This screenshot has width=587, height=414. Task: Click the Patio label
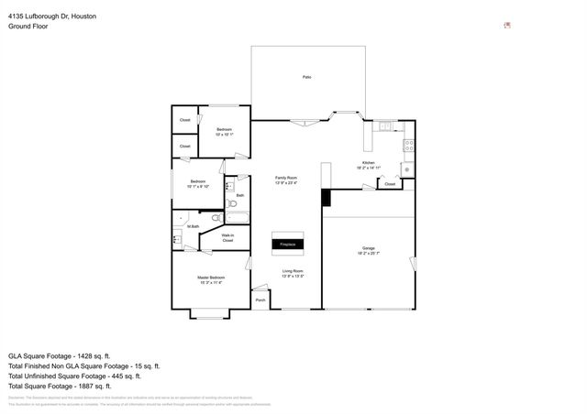coord(306,77)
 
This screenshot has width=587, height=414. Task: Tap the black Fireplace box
coord(287,245)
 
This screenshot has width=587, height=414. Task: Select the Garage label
coord(368,248)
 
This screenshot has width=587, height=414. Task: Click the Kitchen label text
coord(368,164)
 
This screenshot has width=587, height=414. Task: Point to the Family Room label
coord(286,178)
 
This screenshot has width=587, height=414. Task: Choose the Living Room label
coord(293,271)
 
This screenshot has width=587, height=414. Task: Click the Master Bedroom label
coord(211,278)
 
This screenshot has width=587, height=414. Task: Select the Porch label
coord(260,300)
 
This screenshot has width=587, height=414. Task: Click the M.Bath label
coord(194,226)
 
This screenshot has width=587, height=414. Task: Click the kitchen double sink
coord(386,125)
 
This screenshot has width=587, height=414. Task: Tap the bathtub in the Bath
coord(238,217)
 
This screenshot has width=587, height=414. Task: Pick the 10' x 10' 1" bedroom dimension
coord(225,135)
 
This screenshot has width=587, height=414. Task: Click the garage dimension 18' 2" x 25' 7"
coord(368,254)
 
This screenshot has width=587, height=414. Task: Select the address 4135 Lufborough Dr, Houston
coord(51,16)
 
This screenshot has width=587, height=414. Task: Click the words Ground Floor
coord(28,27)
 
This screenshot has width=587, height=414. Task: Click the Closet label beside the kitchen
coord(390,184)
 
